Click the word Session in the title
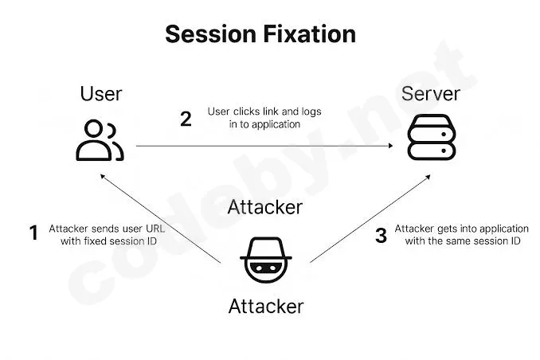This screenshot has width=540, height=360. [211, 34]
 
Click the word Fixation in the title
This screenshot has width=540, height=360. [310, 34]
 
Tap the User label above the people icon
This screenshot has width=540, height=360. [101, 94]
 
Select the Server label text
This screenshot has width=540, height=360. [430, 94]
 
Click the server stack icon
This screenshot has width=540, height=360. [432, 137]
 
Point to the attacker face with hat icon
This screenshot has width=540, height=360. [266, 260]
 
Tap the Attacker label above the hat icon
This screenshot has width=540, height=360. [265, 207]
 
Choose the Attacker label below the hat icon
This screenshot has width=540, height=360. [266, 306]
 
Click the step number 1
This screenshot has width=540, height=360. [33, 233]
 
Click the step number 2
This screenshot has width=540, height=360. [186, 119]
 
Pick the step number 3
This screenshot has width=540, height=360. [381, 236]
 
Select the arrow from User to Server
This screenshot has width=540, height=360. [264, 146]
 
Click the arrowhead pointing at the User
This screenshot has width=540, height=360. [102, 176]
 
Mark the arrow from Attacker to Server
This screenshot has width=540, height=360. [370, 219]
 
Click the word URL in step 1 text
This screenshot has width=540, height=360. [155, 229]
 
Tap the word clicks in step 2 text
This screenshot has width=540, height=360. [246, 112]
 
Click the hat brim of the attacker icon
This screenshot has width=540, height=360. [266, 258]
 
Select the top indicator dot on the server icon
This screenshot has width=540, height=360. [444, 135]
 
